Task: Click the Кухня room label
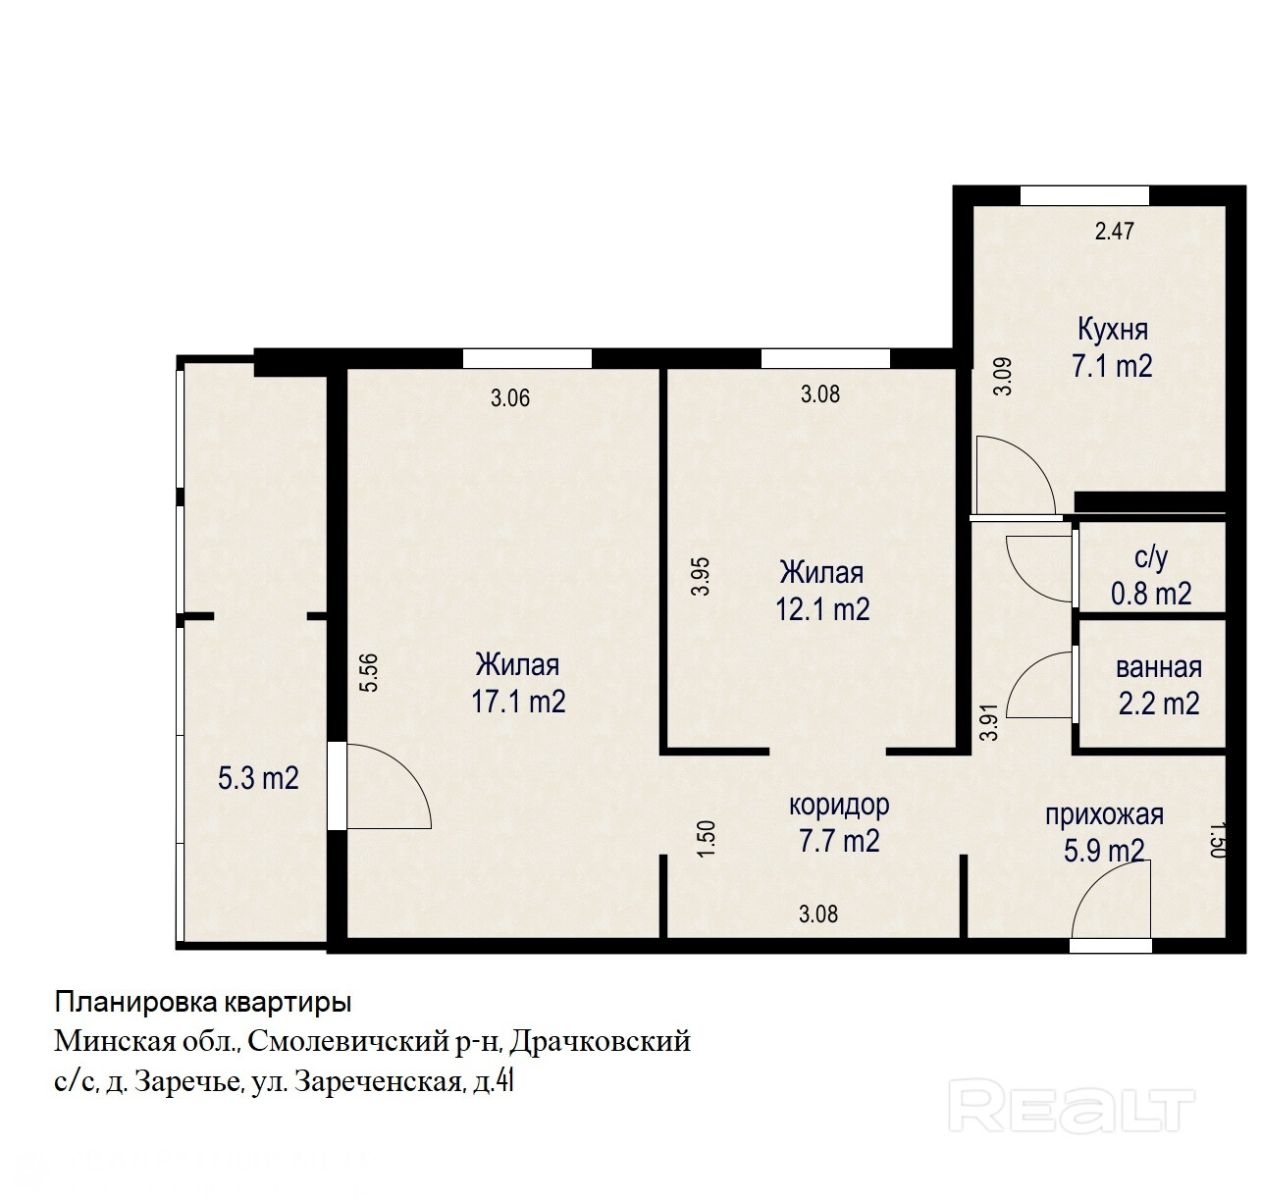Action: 1112,330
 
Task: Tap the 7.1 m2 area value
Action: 1112,366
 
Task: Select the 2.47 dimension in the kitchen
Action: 1114,231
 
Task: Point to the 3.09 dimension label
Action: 1003,376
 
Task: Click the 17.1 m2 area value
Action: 518,702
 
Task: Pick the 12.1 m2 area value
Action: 822,608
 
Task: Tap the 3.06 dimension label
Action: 510,398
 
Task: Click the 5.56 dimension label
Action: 369,672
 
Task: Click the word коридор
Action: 839,806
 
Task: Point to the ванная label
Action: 1159,667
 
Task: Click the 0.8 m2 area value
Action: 1151,594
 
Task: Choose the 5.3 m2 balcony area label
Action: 258,779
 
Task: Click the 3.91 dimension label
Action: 991,722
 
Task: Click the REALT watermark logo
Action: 1071,1105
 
